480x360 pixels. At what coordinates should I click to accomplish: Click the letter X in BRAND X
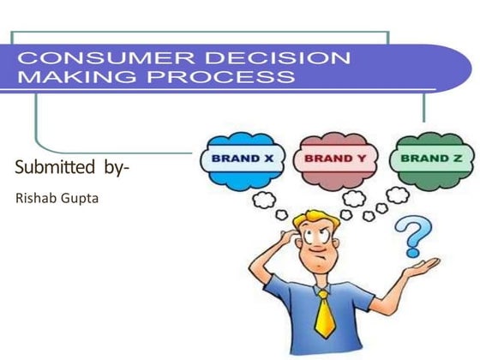coord(267,159)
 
